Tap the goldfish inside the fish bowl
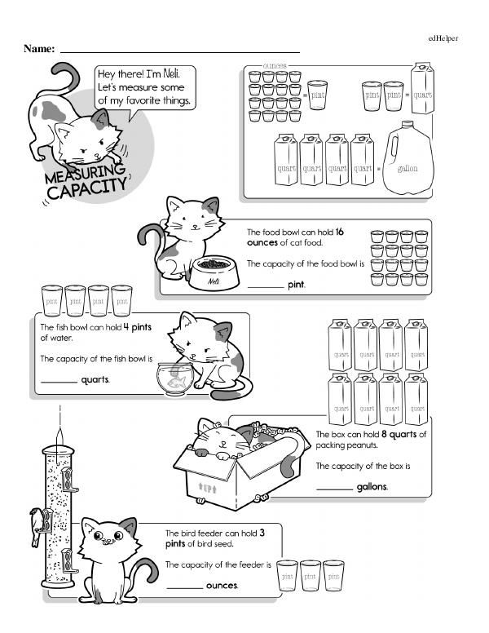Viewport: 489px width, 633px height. pyautogui.click(x=178, y=381)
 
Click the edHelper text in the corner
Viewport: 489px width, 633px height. pyautogui.click(x=443, y=38)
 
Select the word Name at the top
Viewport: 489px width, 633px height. pyautogui.click(x=39, y=49)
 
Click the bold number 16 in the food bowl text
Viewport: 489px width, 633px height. pyautogui.click(x=339, y=232)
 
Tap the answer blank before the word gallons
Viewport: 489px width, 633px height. pyautogui.click(x=334, y=489)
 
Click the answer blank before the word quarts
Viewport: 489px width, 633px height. pyautogui.click(x=59, y=382)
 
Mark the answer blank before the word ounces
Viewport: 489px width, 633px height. pyautogui.click(x=184, y=588)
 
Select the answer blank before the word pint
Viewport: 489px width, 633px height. pyautogui.click(x=266, y=287)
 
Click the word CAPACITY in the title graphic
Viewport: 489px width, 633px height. pyautogui.click(x=87, y=189)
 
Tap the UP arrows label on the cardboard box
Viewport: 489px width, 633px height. pyautogui.click(x=207, y=489)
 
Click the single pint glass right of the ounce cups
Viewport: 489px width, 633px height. pyautogui.click(x=317, y=95)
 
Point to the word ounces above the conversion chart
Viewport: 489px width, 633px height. pyautogui.click(x=275, y=65)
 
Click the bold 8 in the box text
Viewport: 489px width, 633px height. pyautogui.click(x=384, y=434)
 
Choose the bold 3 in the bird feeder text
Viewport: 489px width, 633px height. pyautogui.click(x=262, y=533)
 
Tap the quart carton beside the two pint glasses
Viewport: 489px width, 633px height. pyautogui.click(x=422, y=88)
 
